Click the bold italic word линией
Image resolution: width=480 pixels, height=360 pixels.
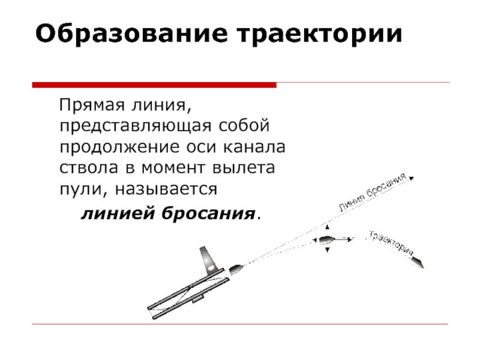pos(112,213)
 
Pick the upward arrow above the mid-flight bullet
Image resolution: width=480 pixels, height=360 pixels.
pos(326,228)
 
